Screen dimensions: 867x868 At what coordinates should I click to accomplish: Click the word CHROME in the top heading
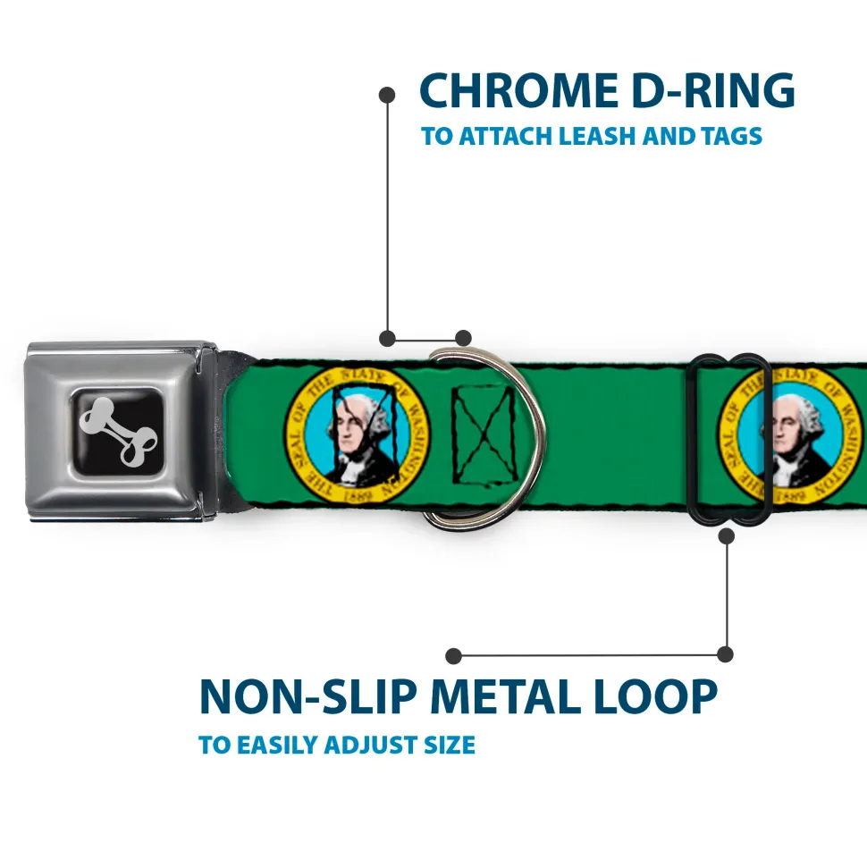coord(518,90)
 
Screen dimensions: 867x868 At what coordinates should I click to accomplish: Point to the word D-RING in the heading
coord(713,90)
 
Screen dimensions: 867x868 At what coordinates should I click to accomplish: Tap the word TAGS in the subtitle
coord(731,136)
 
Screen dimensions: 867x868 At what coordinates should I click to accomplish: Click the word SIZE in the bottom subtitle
coord(449,746)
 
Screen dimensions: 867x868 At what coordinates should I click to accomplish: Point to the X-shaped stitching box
coord(484,435)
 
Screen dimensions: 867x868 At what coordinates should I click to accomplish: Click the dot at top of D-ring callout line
coord(387,95)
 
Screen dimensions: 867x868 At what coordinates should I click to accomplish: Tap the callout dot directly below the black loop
coord(727,535)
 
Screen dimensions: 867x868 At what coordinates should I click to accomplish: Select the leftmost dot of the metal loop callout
coord(453,655)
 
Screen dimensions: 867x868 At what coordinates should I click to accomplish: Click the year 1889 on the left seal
coord(358,494)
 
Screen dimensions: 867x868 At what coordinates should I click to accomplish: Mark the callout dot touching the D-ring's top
coord(463,338)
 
